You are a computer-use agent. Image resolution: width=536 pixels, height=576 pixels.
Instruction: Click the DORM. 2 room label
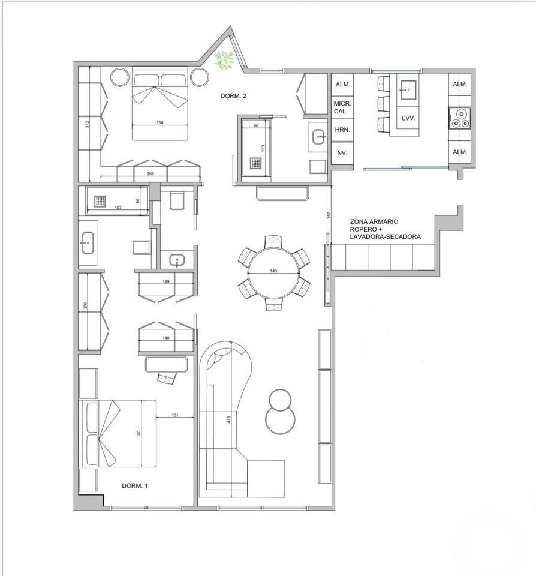click(x=233, y=96)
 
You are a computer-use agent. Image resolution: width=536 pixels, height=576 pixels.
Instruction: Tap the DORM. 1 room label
click(x=135, y=485)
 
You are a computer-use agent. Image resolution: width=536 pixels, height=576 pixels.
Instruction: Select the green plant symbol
click(x=224, y=59)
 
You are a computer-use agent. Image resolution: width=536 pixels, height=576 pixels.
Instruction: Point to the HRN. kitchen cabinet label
click(x=342, y=130)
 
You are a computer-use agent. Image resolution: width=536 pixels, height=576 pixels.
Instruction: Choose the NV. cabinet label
click(x=342, y=153)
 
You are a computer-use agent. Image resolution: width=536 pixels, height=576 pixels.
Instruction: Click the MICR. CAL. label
click(x=342, y=107)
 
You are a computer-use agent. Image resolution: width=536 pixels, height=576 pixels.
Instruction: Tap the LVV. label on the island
click(x=408, y=118)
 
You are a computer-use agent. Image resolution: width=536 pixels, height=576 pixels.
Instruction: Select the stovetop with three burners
click(x=460, y=118)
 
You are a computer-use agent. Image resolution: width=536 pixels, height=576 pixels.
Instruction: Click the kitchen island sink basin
click(x=408, y=89)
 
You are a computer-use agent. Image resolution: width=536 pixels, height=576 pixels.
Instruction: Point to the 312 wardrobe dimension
click(x=87, y=125)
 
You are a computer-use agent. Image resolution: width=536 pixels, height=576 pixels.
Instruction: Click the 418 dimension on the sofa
click(x=228, y=419)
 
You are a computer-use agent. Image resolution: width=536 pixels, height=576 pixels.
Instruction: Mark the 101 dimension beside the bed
click(x=175, y=415)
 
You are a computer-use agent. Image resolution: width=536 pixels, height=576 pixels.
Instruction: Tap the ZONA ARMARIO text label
click(x=374, y=221)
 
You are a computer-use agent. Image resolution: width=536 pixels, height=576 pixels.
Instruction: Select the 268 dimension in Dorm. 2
click(x=150, y=174)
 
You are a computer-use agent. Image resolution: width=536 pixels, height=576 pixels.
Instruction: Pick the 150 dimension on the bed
click(x=159, y=122)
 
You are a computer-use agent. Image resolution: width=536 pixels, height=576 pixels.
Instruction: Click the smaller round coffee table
click(x=280, y=400)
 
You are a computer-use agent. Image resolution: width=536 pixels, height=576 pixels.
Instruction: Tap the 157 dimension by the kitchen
click(x=329, y=215)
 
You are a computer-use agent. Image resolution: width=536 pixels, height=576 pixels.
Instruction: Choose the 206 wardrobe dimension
click(x=85, y=305)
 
